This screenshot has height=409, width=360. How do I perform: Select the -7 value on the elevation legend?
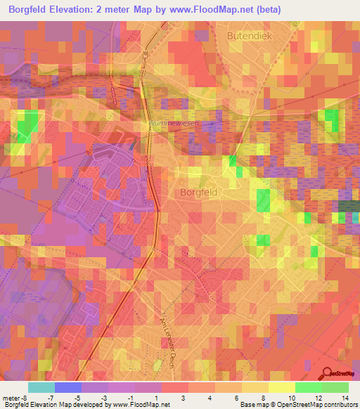coord(50,398)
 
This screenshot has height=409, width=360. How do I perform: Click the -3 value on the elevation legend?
coord(103,398)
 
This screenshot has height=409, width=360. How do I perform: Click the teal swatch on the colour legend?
coord(41,387)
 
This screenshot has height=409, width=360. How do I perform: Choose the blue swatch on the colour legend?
coord(68,387)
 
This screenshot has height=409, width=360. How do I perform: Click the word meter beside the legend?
coord(11,398)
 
